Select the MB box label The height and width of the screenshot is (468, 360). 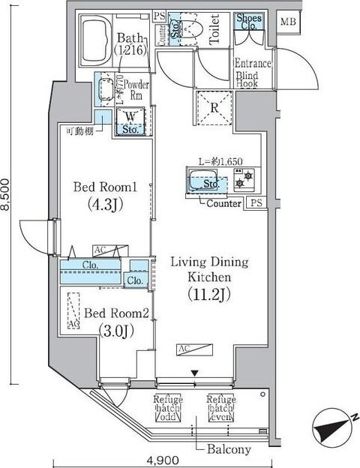(x=288, y=22)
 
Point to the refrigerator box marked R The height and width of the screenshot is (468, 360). (x=214, y=106)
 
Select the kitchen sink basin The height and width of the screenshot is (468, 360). (x=201, y=180)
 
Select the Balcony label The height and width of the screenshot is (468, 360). (x=229, y=449)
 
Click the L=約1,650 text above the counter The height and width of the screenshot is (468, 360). (x=220, y=161)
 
